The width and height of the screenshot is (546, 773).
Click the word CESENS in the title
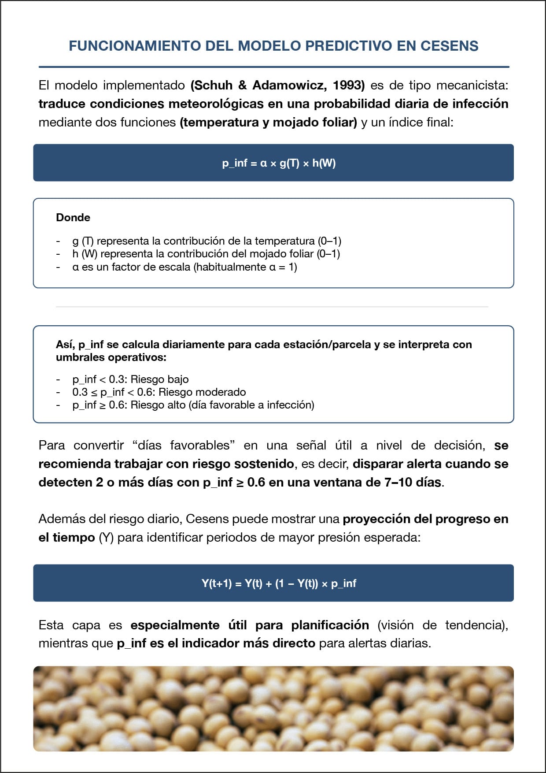coord(449,46)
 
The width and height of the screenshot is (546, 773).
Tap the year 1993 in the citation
coord(349,85)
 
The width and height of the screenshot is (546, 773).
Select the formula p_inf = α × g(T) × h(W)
coord(279,163)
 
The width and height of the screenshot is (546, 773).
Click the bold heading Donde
coord(73,217)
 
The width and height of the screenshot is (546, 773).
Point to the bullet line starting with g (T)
coord(207,241)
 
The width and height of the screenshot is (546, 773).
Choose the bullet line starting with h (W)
coord(206,254)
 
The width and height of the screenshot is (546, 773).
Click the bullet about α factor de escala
coord(184,267)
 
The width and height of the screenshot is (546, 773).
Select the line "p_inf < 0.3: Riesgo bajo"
coord(130,379)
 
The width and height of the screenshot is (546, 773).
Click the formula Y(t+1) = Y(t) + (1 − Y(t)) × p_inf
coord(279,583)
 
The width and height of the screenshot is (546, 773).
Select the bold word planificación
coord(330,625)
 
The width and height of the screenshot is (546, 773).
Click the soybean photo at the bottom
coord(273,709)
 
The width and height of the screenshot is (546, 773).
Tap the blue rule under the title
coord(273,67)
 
